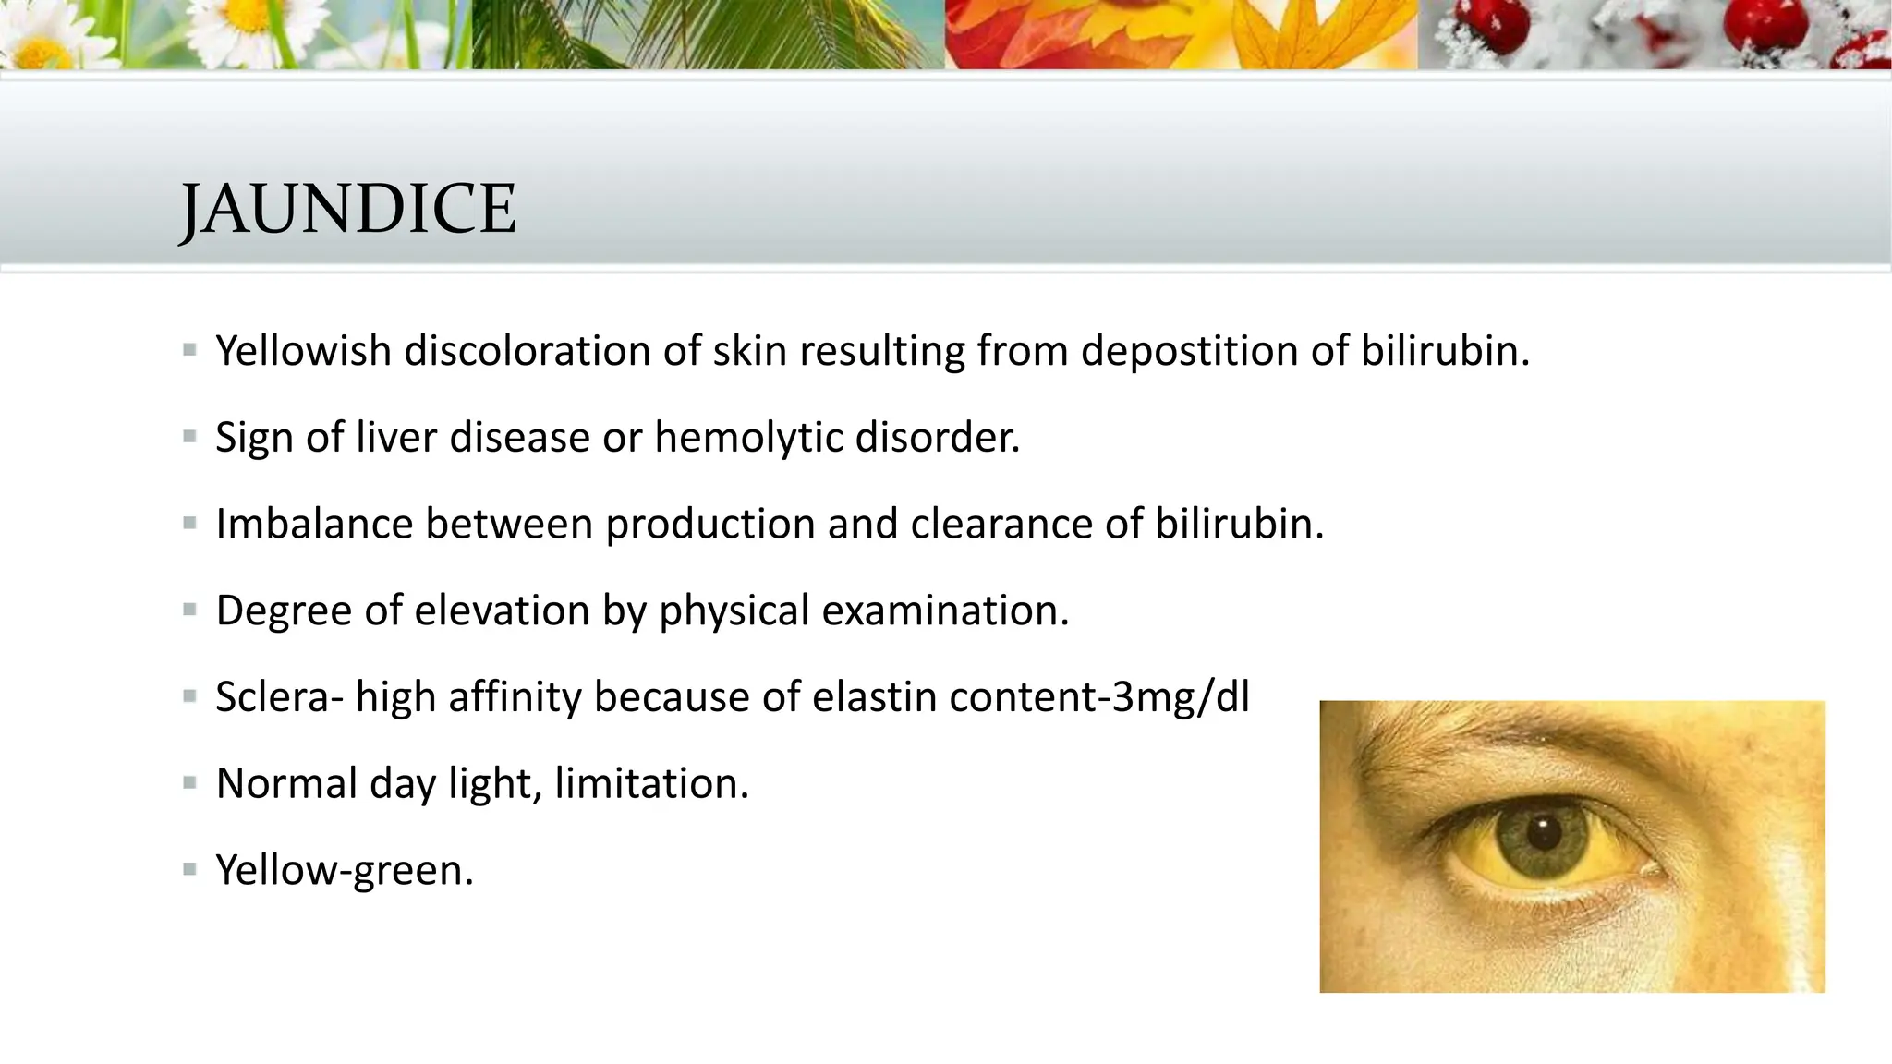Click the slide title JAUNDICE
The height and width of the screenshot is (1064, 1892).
tap(347, 209)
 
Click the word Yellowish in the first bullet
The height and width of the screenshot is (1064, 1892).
tap(303, 352)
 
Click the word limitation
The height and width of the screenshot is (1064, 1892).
tap(651, 784)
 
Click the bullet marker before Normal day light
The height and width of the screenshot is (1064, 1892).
tap(190, 784)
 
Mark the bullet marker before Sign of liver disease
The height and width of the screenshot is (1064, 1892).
tap(190, 437)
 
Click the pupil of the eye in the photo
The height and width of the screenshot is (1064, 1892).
tap(1544, 832)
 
